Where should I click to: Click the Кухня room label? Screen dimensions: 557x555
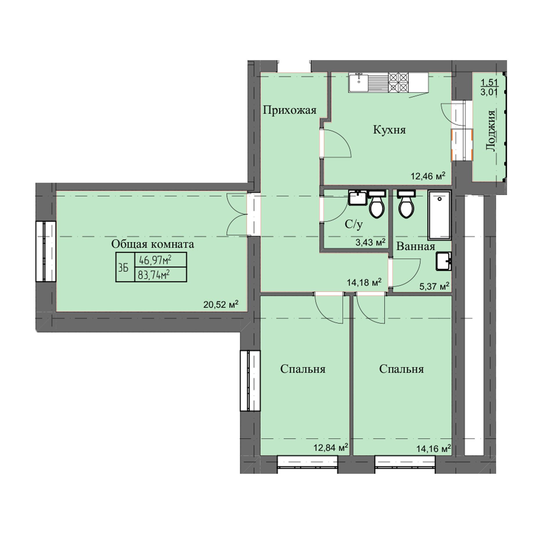coord(389,130)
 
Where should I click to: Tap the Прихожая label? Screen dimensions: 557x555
coord(290,110)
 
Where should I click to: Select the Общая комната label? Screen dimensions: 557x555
coord(153,244)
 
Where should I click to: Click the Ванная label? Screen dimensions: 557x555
coord(416,246)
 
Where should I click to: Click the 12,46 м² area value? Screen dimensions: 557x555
coord(428,176)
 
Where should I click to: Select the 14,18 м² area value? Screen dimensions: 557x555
coord(364,282)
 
